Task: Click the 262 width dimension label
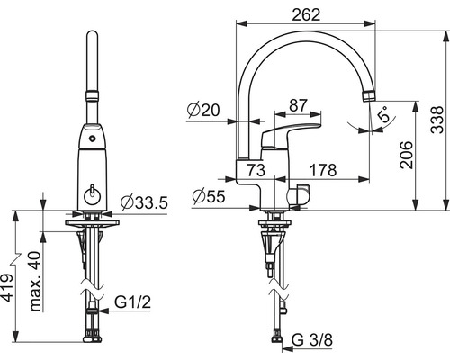pyautogui.click(x=306, y=14)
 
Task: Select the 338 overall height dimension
pyautogui.click(x=436, y=120)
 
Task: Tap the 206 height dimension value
pyautogui.click(x=407, y=155)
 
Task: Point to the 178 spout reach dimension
pyautogui.click(x=323, y=170)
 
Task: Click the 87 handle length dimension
pyautogui.click(x=299, y=105)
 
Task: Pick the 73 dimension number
pyautogui.click(x=256, y=170)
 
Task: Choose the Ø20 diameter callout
pyautogui.click(x=203, y=110)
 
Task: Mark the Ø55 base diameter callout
pyautogui.click(x=209, y=196)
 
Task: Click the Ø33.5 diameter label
pyautogui.click(x=144, y=202)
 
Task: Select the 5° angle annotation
pyautogui.click(x=385, y=114)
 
